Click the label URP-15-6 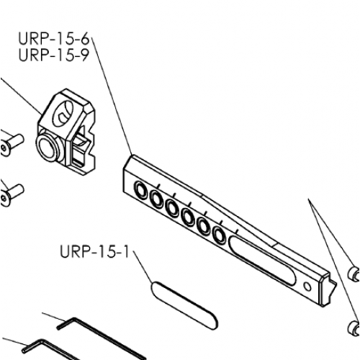pyautogui.click(x=54, y=38)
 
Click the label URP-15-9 pyautogui.click(x=54, y=55)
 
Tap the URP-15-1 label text pyautogui.click(x=94, y=252)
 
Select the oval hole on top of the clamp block pyautogui.click(x=63, y=114)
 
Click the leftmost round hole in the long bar pyautogui.click(x=141, y=189)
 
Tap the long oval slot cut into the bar pyautogui.click(x=262, y=261)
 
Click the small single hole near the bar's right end pyautogui.click(x=307, y=287)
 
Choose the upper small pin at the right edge pyautogui.click(x=354, y=274)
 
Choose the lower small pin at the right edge pyautogui.click(x=354, y=328)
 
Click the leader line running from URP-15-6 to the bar pyautogui.click(x=112, y=96)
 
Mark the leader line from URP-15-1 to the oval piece pyautogui.click(x=143, y=267)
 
